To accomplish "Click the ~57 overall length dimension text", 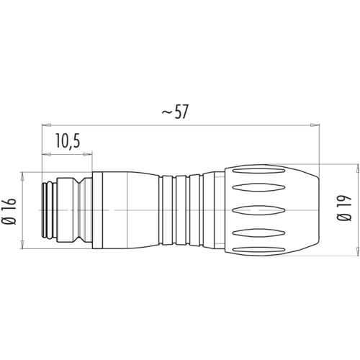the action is pyautogui.click(x=175, y=112).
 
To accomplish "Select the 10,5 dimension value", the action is pyautogui.click(x=68, y=140).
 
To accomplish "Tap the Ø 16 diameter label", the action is pyautogui.click(x=10, y=211).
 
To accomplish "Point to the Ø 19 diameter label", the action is pyautogui.click(x=345, y=208).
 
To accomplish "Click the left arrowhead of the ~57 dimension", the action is pyautogui.click(x=47, y=125).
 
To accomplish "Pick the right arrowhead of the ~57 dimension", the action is pyautogui.click(x=315, y=125).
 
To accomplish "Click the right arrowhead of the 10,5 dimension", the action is pyautogui.click(x=87, y=154).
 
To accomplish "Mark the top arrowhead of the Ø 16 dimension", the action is pyautogui.click(x=23, y=176).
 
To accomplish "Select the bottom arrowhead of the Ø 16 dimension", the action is pyautogui.click(x=23, y=244).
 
